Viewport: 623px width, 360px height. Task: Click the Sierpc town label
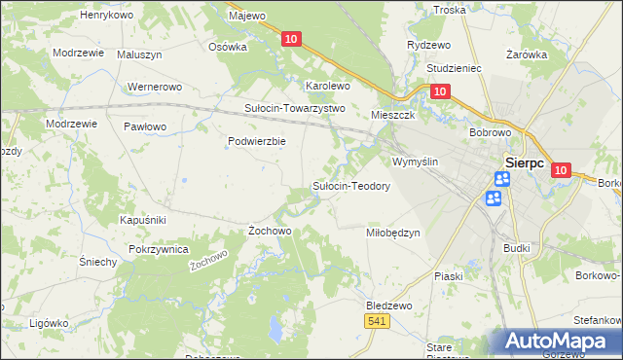click(530, 163)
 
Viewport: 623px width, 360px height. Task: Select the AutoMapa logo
click(562, 342)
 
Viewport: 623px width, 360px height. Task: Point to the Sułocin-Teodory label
click(350, 186)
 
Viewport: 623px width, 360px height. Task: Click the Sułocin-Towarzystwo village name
click(294, 108)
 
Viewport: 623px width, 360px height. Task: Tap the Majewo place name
click(246, 16)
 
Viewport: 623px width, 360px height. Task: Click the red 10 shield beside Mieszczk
click(439, 91)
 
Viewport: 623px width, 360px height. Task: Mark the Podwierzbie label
click(256, 141)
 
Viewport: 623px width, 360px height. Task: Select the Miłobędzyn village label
click(392, 233)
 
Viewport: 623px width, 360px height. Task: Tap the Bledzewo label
click(388, 305)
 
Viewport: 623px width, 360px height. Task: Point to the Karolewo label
click(328, 86)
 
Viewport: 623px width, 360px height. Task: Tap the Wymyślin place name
click(416, 162)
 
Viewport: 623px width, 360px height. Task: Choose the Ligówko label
click(48, 322)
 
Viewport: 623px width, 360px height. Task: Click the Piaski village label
click(449, 276)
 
